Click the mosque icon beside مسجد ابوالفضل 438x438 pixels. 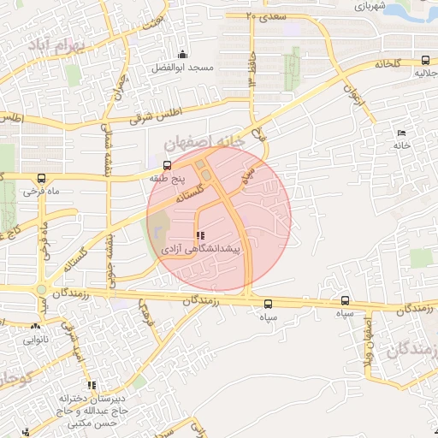click(x=181, y=56)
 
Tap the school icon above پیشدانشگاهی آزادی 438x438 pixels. click(x=200, y=235)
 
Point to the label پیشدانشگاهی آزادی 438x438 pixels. click(x=201, y=249)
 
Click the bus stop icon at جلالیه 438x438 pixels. click(x=425, y=60)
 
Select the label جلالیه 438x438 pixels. click(x=425, y=74)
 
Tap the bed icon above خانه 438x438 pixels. click(x=401, y=133)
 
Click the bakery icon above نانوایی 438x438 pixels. click(x=36, y=326)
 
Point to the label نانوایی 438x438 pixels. click(x=36, y=340)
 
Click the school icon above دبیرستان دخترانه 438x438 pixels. click(x=92, y=385)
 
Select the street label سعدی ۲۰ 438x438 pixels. click(x=264, y=15)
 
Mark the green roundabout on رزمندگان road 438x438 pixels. click(x=42, y=290)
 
